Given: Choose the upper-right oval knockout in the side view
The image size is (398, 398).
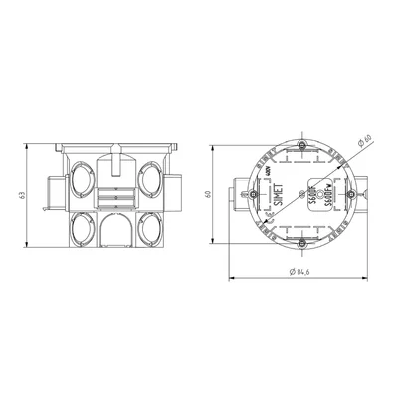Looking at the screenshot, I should [x=151, y=181].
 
